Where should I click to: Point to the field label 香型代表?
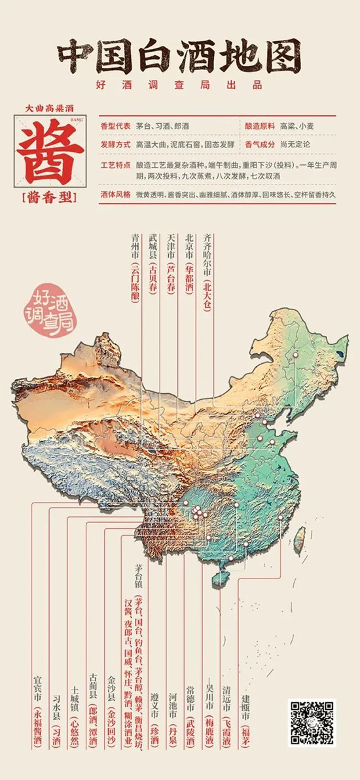click(116, 125)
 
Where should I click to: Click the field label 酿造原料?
click(259, 125)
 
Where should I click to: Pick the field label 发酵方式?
click(116, 143)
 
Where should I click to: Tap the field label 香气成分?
click(259, 143)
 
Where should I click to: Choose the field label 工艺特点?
click(116, 161)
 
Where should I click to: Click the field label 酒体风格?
click(116, 196)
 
